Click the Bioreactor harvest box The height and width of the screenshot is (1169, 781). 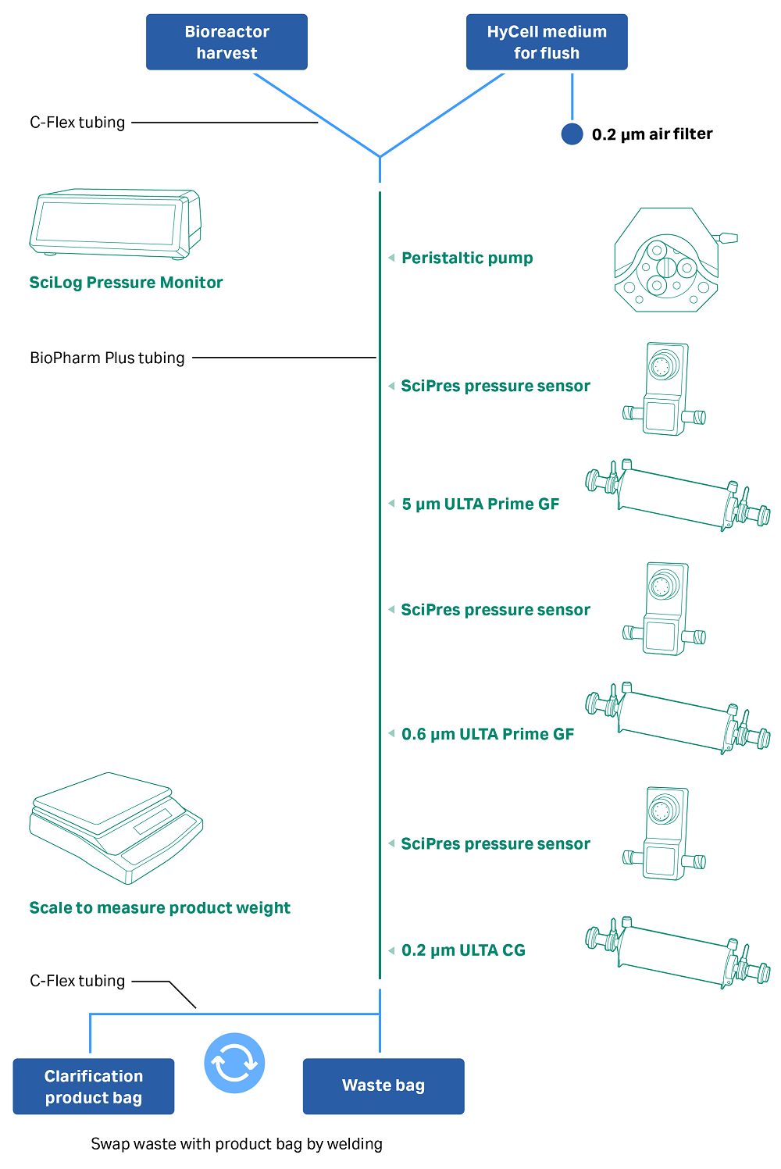coord(226,42)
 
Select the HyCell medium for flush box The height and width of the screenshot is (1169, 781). coord(547,42)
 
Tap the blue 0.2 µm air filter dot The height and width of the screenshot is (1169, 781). coord(572,134)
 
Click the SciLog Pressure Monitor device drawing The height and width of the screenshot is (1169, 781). coord(115,223)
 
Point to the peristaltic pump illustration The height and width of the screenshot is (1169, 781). coord(669,261)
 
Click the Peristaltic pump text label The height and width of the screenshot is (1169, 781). coord(467,258)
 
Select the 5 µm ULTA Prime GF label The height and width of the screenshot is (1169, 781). coord(480,504)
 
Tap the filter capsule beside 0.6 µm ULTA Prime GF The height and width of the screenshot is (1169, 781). coord(678,718)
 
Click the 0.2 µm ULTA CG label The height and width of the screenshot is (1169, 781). coord(463,950)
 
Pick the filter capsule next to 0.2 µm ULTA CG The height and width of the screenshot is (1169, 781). coord(678,953)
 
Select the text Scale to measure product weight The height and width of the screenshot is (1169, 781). coord(159,908)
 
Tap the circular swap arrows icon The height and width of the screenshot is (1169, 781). coord(234,1063)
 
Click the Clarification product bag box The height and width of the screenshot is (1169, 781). coord(94,1086)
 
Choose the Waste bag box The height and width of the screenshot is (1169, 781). coord(383,1086)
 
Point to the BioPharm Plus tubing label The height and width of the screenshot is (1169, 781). coord(107,358)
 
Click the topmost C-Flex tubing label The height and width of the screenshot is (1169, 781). coord(77,123)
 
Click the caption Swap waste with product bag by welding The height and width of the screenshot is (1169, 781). coord(237,1144)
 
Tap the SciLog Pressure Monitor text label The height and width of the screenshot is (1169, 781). coord(126,283)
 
